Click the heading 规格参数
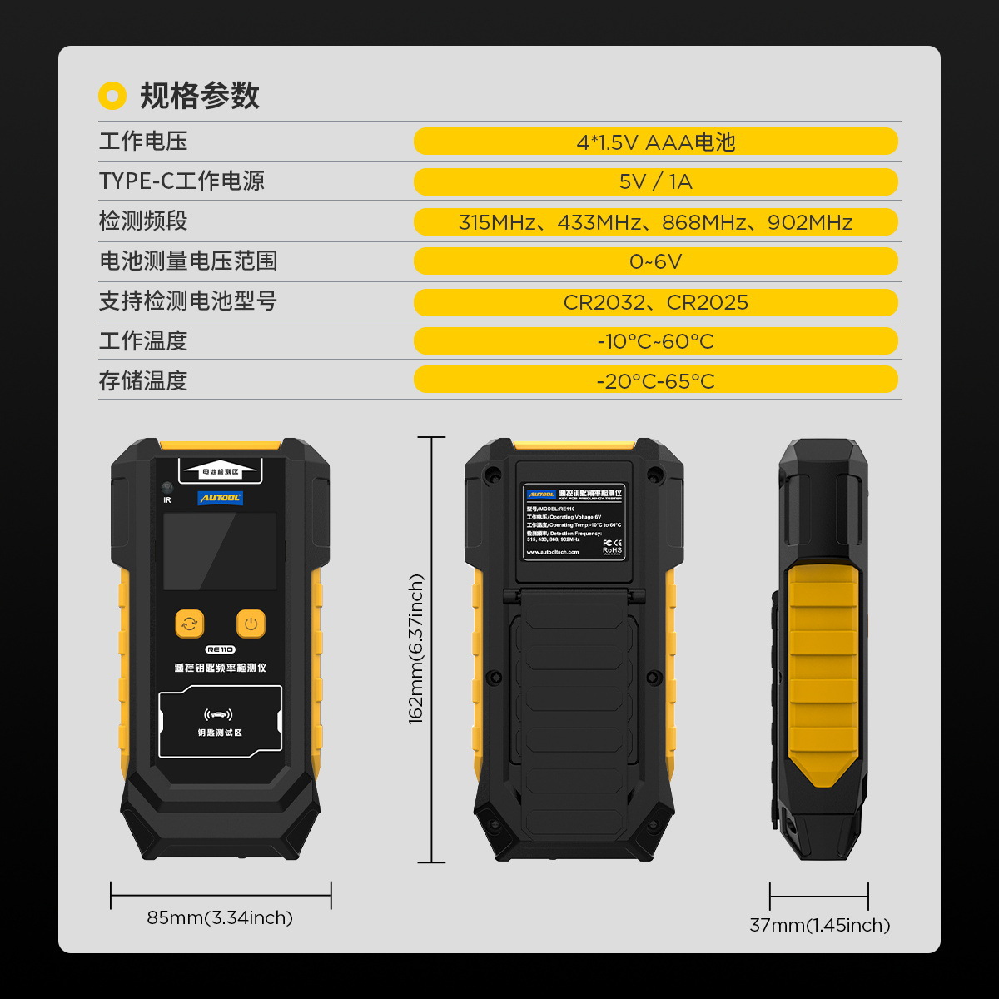199,96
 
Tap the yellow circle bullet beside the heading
112,96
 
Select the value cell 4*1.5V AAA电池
655,142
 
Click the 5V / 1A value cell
655,181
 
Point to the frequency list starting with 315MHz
655,222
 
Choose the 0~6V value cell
655,261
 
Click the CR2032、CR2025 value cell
655,302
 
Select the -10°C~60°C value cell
655,341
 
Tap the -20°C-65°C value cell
655,380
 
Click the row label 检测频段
143,221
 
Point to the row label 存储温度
143,380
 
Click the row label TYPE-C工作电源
181,181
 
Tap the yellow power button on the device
251,624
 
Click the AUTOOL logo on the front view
220,498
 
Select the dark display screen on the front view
220,551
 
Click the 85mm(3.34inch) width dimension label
220,917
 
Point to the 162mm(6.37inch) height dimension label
416,649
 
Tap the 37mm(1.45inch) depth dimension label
819,925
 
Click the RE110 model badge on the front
220,649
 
